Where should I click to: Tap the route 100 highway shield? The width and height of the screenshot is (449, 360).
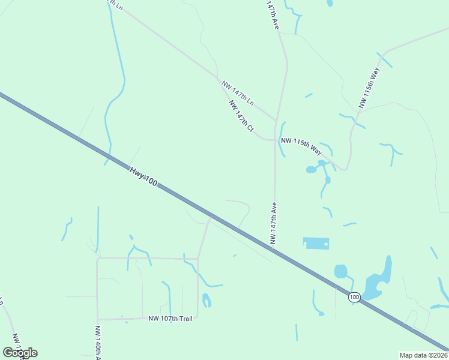(x=354, y=297)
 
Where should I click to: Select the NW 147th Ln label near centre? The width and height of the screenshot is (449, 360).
(x=238, y=93)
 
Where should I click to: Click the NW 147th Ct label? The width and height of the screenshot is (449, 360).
(x=241, y=116)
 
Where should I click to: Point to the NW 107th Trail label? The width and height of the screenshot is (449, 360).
(x=170, y=319)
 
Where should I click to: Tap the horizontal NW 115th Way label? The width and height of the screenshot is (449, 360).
(x=301, y=145)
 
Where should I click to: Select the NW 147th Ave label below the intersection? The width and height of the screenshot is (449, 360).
(x=274, y=223)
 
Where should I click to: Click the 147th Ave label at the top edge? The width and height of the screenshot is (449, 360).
(x=273, y=16)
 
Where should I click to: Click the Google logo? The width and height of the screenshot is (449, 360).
(x=20, y=352)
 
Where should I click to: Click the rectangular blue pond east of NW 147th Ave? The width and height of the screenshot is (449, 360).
(x=316, y=243)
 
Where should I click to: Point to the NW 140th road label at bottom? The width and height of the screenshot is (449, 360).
(x=97, y=343)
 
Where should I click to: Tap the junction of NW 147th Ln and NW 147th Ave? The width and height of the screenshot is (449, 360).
(x=276, y=121)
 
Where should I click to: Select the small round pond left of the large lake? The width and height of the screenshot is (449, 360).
(x=340, y=271)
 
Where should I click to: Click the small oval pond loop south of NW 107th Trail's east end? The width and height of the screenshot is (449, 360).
(x=206, y=300)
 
